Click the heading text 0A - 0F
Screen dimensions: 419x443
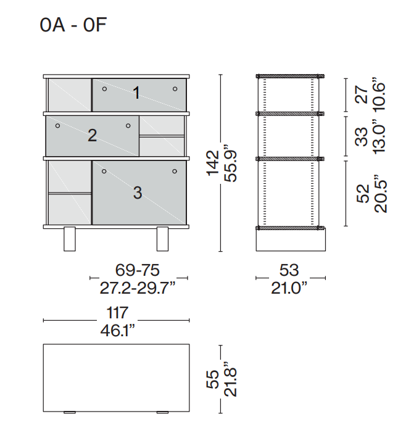[73, 25]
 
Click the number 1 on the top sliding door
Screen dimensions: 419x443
[136, 93]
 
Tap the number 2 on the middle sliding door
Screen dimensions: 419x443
[93, 135]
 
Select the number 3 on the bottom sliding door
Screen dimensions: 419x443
[138, 193]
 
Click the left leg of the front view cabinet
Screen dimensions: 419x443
[70, 239]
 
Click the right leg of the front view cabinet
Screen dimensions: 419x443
[162, 239]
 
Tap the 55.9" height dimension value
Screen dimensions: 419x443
[230, 164]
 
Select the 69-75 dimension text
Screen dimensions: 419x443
[138, 270]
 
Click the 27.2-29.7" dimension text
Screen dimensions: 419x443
[138, 288]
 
